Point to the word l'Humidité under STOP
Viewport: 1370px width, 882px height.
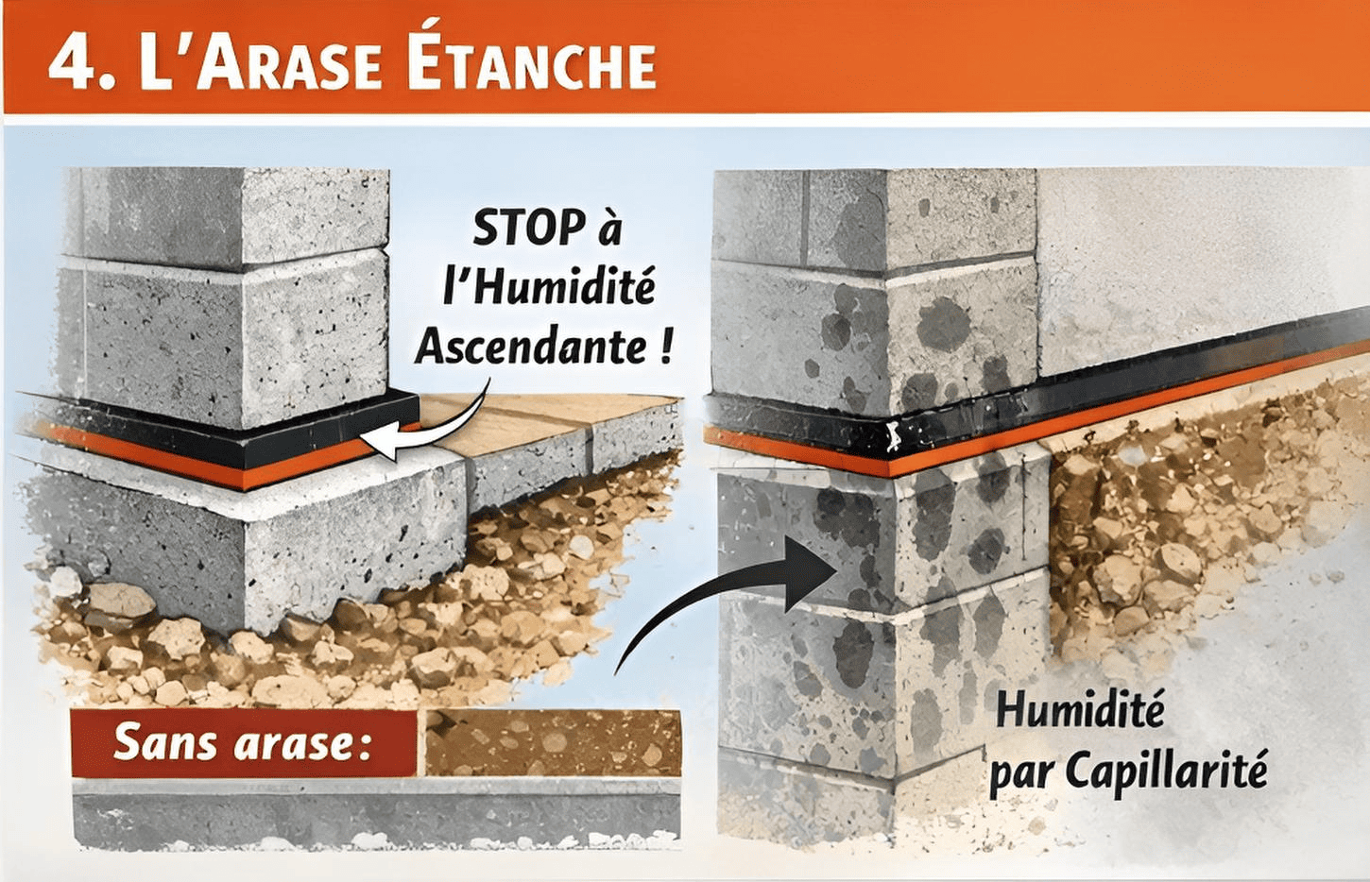click(549, 287)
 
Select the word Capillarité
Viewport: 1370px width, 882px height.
click(1166, 772)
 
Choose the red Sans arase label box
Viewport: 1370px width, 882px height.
click(244, 743)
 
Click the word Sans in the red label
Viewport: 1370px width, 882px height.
click(155, 743)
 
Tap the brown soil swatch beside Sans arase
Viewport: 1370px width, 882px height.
click(553, 743)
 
